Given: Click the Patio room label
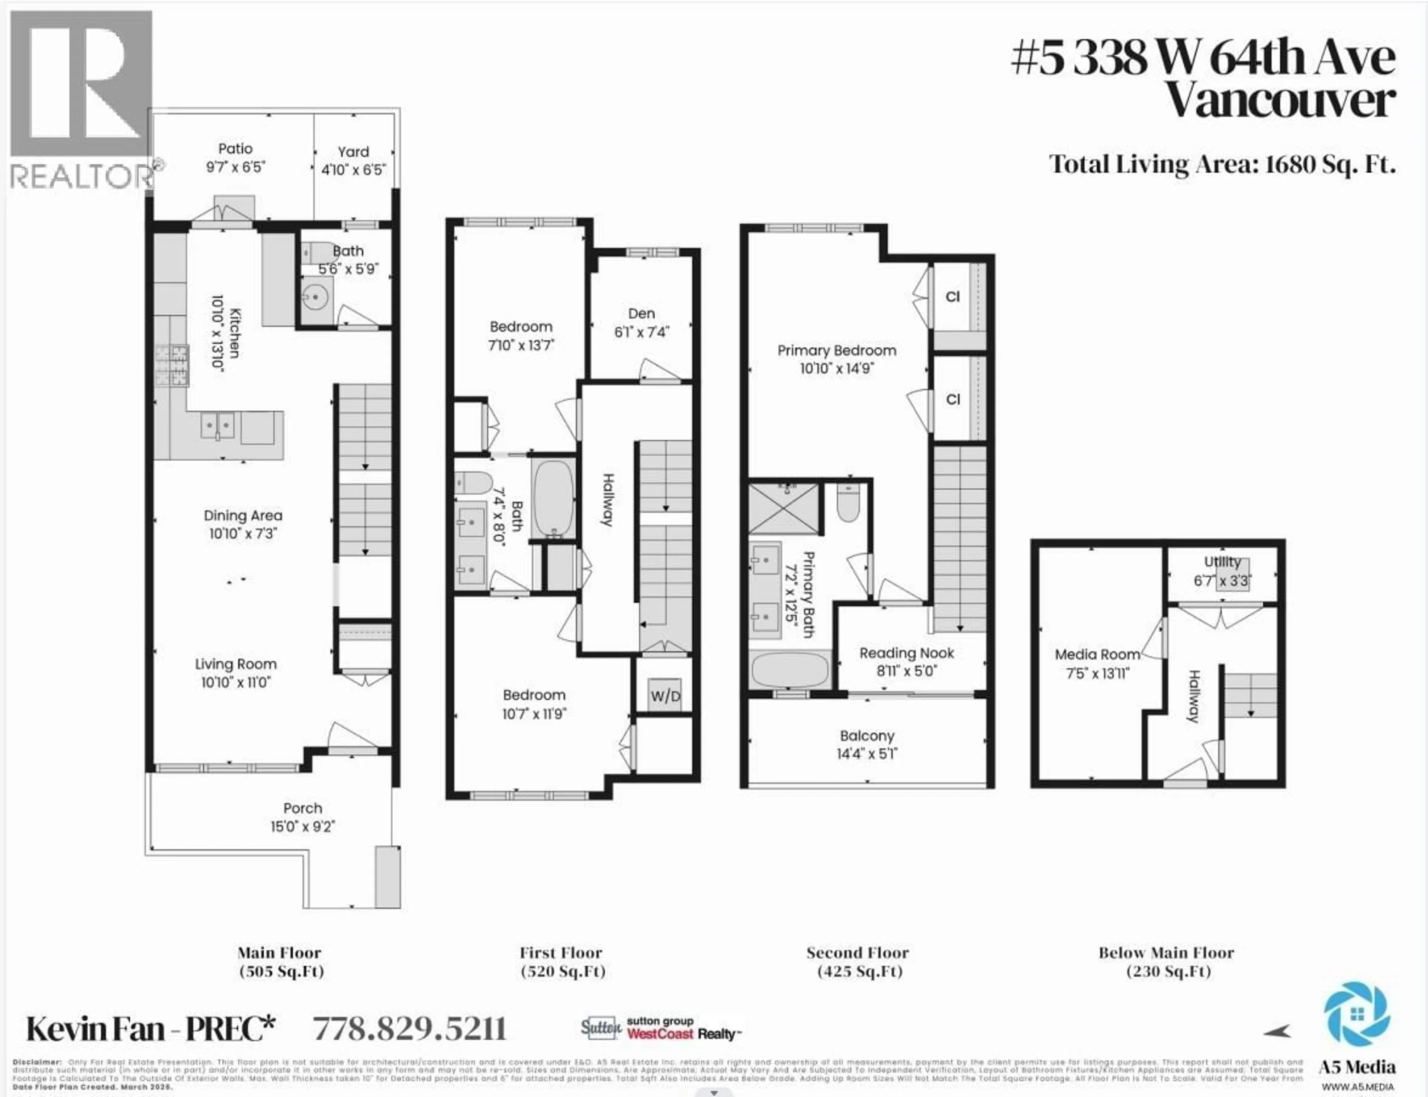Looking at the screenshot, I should coord(235,149).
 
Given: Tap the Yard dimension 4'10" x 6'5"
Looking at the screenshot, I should coord(353,170).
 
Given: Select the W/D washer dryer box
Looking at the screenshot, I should coord(665,695).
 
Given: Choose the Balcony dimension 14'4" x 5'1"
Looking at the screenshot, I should coord(867,754).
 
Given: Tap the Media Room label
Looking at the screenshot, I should coord(1097,654).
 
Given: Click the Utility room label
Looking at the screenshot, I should coord(1222,562).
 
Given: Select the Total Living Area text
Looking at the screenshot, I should coord(1222,164).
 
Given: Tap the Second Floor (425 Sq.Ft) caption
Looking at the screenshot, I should coord(858,962).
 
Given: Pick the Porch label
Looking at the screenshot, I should coord(302,808).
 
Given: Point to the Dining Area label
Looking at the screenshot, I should coord(243,516).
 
